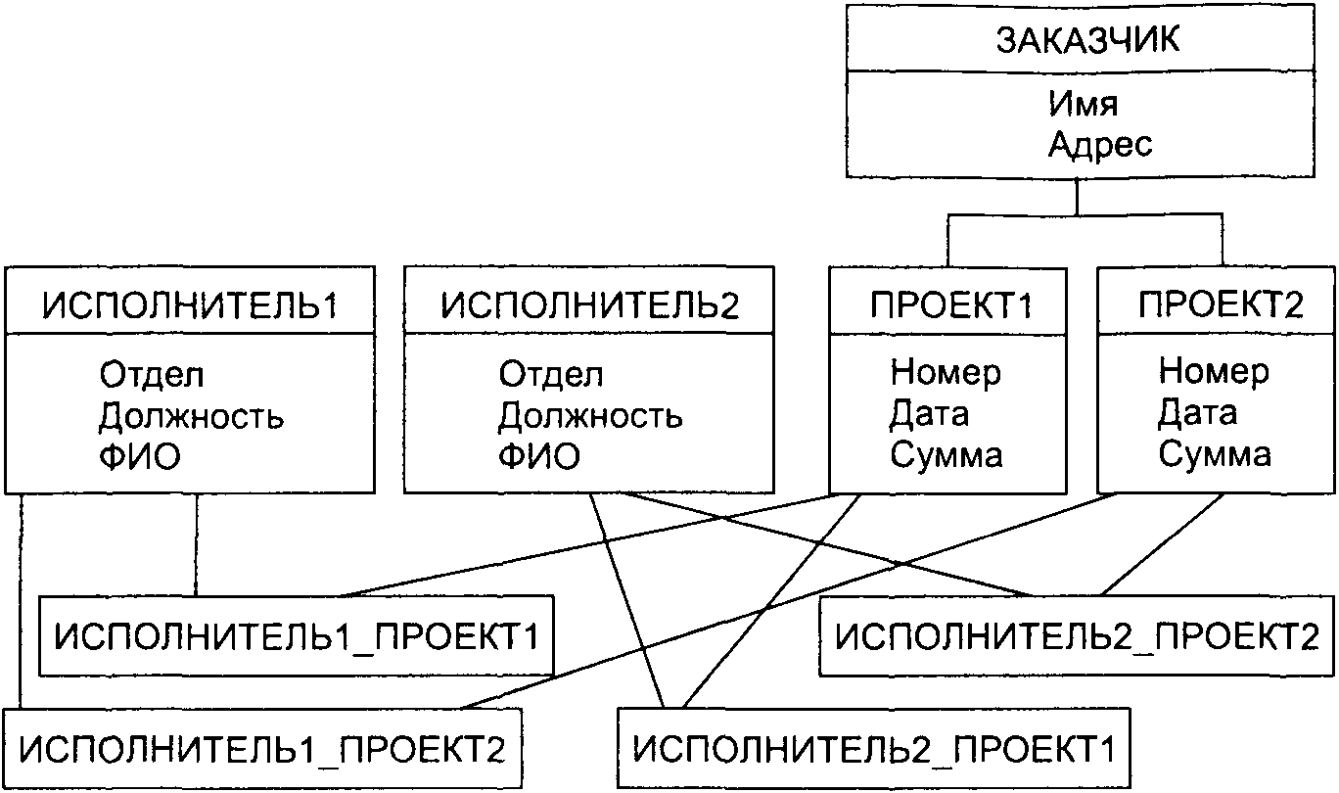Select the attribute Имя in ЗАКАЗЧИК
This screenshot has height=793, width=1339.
pyautogui.click(x=1083, y=103)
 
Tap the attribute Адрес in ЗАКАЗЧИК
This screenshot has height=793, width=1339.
pyautogui.click(x=1101, y=145)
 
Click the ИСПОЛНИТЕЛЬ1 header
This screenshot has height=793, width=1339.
pyautogui.click(x=190, y=305)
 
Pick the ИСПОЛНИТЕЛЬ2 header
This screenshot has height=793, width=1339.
pyautogui.click(x=590, y=305)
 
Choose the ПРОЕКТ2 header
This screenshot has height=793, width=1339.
pyautogui.click(x=1221, y=305)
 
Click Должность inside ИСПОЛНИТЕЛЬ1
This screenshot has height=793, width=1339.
pyautogui.click(x=192, y=417)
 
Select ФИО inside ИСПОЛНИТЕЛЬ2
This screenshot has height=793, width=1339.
pyautogui.click(x=538, y=457)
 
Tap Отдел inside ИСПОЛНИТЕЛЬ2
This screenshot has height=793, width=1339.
pyautogui.click(x=551, y=375)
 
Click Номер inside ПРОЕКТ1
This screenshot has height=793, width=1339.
pyautogui.click(x=946, y=373)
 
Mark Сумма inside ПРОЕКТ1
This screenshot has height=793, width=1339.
pyautogui.click(x=946, y=455)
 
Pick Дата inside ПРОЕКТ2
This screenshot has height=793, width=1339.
pyautogui.click(x=1197, y=413)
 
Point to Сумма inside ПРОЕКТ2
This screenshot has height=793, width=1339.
pyautogui.click(x=1215, y=455)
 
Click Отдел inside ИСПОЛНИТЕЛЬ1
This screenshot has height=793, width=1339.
pyautogui.click(x=152, y=375)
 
